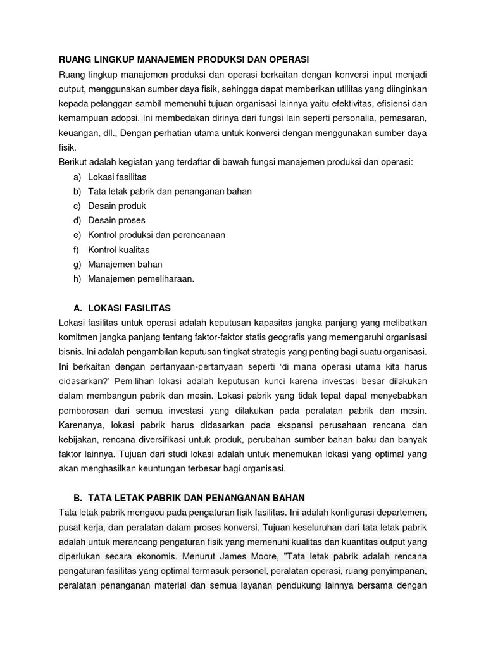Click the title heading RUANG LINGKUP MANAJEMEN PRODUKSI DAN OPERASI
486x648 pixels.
pyautogui.click(x=184, y=59)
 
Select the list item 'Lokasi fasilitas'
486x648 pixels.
pyautogui.click(x=117, y=177)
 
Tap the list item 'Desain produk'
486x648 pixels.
pyautogui.click(x=117, y=206)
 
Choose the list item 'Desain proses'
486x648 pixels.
pyautogui.click(x=117, y=220)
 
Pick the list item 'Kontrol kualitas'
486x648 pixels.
pyautogui.click(x=119, y=249)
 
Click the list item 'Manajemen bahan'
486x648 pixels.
pyautogui.click(x=125, y=264)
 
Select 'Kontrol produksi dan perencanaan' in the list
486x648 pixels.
pyautogui.click(x=157, y=235)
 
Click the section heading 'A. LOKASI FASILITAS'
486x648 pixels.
pyautogui.click(x=122, y=308)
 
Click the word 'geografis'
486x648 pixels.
pyautogui.click(x=266, y=337)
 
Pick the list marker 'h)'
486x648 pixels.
pyautogui.click(x=78, y=278)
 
